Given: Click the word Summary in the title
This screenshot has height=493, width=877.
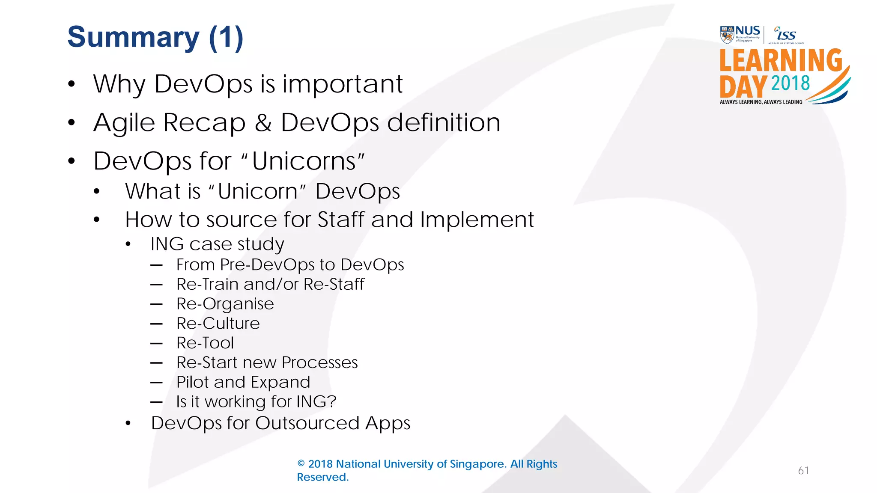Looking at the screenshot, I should point(133,37).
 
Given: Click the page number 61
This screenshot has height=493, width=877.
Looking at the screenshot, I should point(803,471).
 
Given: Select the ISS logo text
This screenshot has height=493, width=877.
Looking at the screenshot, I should point(786,35).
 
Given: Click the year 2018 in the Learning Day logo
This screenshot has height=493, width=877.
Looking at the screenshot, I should point(790,83).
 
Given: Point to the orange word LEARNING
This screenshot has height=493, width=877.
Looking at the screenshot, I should point(781,60).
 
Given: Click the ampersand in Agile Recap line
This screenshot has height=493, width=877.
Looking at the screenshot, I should point(263,123).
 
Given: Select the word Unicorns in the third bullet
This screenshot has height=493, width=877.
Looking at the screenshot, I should point(304,161).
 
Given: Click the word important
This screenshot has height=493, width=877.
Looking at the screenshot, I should point(342,84).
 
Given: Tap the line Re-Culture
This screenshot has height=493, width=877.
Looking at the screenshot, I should point(218,324).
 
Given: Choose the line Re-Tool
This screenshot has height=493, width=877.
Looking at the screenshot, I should point(205,343).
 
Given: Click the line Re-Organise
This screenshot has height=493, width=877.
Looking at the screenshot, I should point(225,304).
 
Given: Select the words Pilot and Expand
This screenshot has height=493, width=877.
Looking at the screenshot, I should point(243,382).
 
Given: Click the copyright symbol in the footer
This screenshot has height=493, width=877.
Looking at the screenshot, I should point(301,464).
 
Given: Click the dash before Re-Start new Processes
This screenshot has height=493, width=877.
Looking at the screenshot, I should point(157,363).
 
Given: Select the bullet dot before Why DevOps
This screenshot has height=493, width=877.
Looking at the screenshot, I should point(72,84).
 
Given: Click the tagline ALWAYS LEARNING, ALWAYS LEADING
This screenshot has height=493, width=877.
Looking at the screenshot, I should point(761,102).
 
